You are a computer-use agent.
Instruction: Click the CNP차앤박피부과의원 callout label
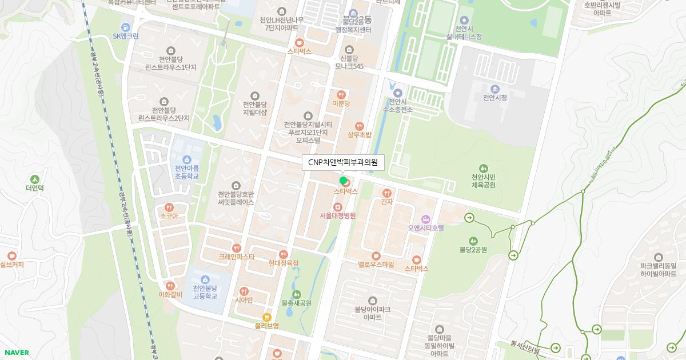click(343, 162)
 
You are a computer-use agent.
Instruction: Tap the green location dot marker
click(343, 181)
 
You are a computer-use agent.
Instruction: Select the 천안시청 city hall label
click(494, 97)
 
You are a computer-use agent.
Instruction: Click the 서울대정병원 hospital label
click(338, 215)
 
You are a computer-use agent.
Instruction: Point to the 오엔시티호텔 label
click(426, 227)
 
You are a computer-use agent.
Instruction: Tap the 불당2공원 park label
click(473, 249)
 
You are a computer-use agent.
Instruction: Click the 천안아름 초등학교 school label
click(187, 172)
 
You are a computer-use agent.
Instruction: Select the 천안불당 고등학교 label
click(205, 292)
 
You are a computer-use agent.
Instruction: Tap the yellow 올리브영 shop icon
click(266, 317)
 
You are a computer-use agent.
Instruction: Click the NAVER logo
click(17, 353)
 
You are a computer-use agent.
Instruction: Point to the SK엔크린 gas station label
click(126, 35)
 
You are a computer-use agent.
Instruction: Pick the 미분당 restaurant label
click(341, 103)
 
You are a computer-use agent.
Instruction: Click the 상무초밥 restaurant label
click(359, 135)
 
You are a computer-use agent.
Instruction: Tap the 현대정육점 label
click(283, 263)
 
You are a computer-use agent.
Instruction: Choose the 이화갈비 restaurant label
click(170, 294)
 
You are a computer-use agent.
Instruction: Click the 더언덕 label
click(34, 187)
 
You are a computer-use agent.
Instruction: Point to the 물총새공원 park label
click(296, 303)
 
